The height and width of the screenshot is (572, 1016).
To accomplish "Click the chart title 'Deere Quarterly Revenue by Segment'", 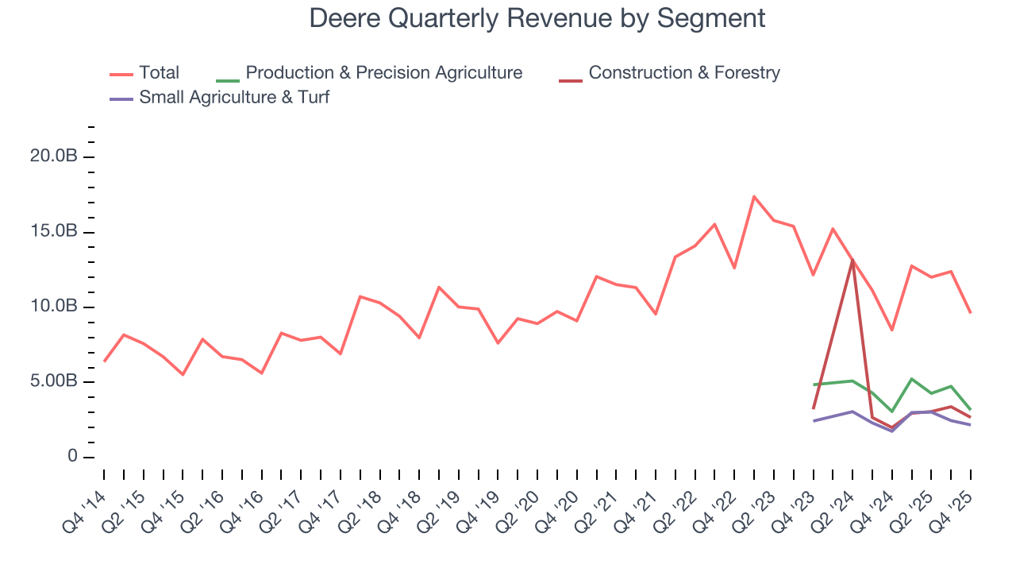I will pos(537,17).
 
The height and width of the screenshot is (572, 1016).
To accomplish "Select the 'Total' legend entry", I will pos(159,73).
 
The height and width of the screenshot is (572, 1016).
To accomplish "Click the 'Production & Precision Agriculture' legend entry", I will pos(383,73).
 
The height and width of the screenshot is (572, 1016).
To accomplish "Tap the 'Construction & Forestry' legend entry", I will pos(684,73).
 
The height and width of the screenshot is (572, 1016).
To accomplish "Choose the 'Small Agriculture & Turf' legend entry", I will pos(233,98).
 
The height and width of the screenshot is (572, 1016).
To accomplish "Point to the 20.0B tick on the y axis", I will pos(53,157).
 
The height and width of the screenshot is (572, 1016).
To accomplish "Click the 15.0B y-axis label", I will pos(53,232).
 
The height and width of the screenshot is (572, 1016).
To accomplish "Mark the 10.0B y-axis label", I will pos(53,307).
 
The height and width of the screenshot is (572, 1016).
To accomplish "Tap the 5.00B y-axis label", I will pos(53,382).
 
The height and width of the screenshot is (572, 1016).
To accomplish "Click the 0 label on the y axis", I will pos(72,457).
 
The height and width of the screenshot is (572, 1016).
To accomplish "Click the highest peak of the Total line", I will pos(754,196).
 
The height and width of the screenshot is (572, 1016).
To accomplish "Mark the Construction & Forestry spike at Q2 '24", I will pos(852,261).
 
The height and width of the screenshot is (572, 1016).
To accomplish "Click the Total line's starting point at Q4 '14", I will pos(104,361).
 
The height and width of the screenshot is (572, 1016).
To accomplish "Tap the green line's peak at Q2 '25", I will pos(912,379).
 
